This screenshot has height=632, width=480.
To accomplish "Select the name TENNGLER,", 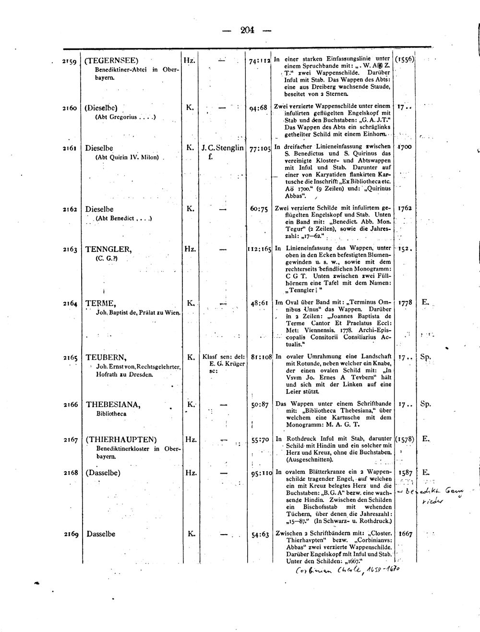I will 108,250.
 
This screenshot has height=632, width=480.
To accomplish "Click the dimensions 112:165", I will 259,250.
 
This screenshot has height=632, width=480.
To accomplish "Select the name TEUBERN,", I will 106,358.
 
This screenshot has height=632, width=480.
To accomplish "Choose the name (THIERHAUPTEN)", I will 121,440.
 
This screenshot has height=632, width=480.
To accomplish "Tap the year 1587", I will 406,473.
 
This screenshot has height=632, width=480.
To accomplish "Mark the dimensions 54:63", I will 259,534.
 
